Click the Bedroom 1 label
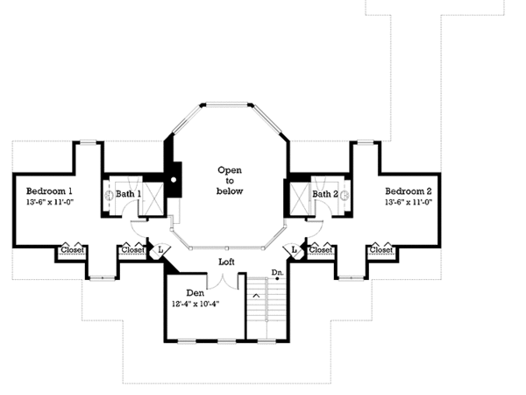[x=49, y=191]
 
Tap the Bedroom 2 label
[x=409, y=191]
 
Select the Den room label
[x=195, y=293]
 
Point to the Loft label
[x=226, y=262]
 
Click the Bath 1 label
[x=128, y=194]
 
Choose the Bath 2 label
[x=325, y=194]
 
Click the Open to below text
[x=230, y=180]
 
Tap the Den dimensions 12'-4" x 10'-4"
[x=195, y=304]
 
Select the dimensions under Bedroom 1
[x=50, y=202]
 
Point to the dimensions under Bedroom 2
[x=409, y=202]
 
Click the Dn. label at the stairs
[x=277, y=272]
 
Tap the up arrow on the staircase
[x=256, y=296]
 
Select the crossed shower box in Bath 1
[x=153, y=198]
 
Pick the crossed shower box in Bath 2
[x=300, y=198]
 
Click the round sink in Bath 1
[x=109, y=195]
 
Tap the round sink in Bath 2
[x=345, y=195]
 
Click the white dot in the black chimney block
[x=174, y=180]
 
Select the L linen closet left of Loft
[x=160, y=250]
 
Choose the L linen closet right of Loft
[x=295, y=250]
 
